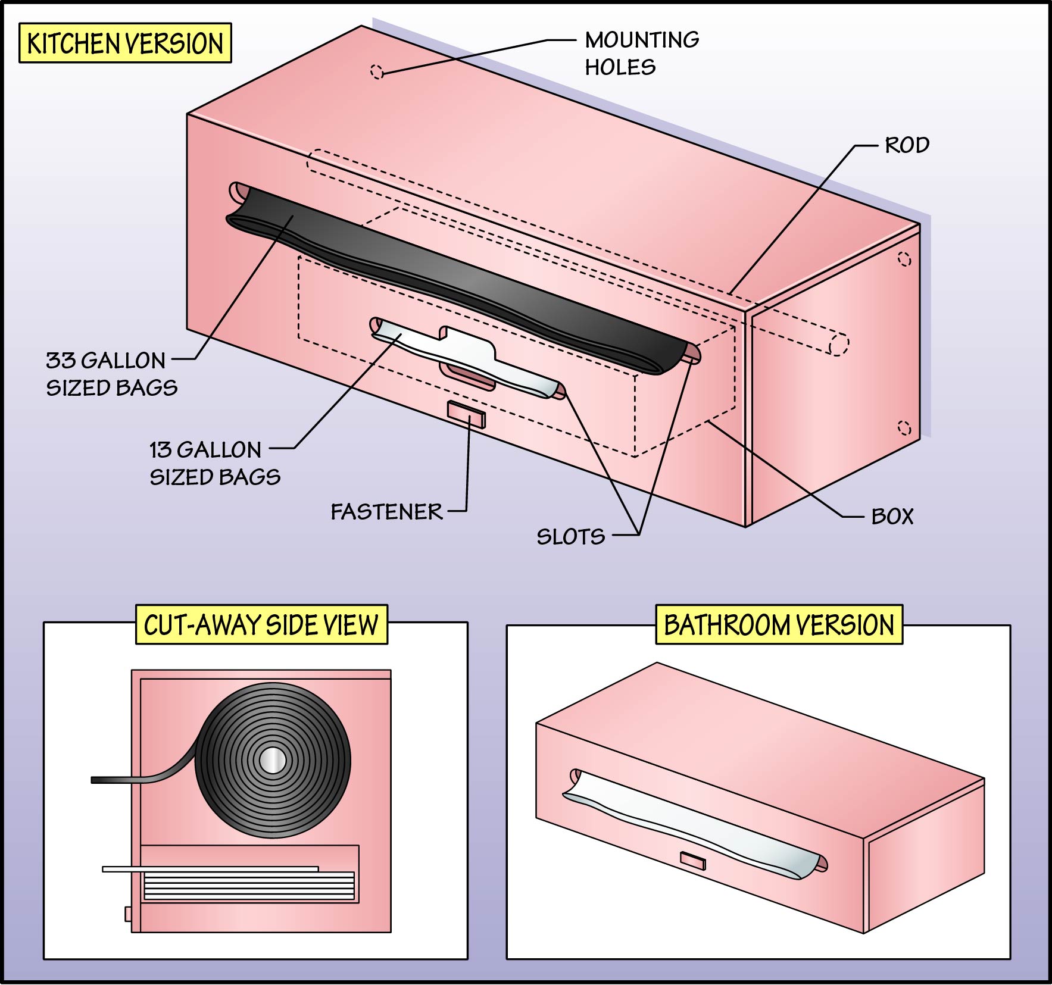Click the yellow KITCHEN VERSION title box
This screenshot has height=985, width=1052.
click(125, 43)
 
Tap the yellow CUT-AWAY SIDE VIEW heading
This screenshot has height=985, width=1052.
click(261, 625)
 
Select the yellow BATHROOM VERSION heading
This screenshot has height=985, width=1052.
click(779, 625)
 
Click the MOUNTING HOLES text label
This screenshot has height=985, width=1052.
click(641, 54)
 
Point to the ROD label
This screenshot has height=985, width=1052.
click(907, 145)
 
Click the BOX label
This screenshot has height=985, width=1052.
click(892, 516)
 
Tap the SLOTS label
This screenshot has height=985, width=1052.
click(570, 537)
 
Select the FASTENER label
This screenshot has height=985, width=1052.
click(386, 512)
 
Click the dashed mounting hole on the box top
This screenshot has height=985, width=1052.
click(377, 71)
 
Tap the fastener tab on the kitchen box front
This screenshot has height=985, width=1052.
click(466, 414)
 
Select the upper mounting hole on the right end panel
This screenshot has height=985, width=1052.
click(904, 259)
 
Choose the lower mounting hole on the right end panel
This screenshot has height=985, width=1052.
click(904, 427)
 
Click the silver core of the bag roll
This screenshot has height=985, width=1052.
click(273, 760)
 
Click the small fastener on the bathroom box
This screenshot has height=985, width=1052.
click(692, 860)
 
